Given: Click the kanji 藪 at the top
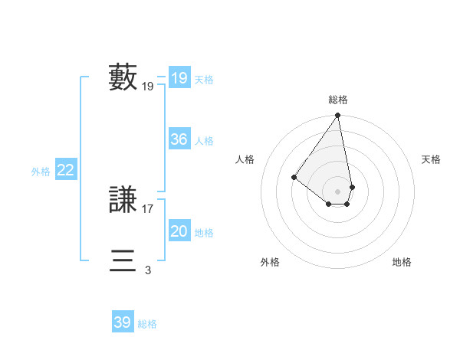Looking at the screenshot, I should pos(123,78).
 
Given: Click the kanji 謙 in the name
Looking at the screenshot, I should pos(123,200).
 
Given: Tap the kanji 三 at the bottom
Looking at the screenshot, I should pos(123,261).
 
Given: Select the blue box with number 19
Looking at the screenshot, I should pos(179,78).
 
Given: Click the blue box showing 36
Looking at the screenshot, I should pos(179,139).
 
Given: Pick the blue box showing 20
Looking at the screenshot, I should pos(179,231).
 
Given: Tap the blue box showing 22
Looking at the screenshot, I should pos(65,170).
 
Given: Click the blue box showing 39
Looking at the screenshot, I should pos(122,322).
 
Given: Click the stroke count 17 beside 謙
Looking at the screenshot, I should pos(148,208).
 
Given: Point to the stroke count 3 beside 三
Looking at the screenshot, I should pos(148,270).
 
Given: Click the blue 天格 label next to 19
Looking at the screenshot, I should pos(204,80).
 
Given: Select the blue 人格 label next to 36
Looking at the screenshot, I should pos(204,141).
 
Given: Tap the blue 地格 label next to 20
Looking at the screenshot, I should pos(204,233).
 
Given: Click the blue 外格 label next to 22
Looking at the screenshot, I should pos(41,172).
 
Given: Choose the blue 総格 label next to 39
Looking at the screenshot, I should pos(147,324).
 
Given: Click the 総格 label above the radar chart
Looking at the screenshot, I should pos(338,100).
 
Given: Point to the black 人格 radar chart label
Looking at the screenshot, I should pos(245,159).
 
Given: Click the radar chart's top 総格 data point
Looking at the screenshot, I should pos(338,116).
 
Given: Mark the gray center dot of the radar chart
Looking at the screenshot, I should pos(338,191).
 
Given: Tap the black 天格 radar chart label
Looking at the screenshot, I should pos(431,159).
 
